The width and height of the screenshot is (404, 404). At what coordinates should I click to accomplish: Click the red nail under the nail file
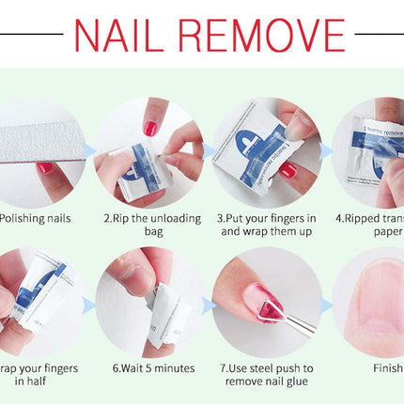45,169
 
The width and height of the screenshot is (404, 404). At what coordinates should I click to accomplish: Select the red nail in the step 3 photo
288,170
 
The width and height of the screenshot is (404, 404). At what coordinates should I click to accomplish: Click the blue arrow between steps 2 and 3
208,149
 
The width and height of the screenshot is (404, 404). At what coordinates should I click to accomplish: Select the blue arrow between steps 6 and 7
208,303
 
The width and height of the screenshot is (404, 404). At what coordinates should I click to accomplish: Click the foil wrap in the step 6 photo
152,315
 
